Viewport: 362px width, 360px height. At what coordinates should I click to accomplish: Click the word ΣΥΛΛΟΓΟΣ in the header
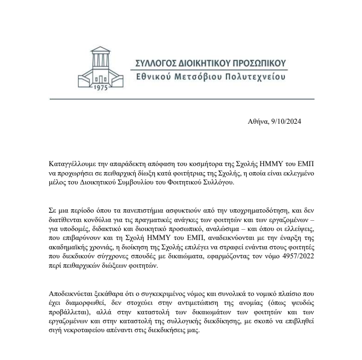pyautogui.click(x=154, y=64)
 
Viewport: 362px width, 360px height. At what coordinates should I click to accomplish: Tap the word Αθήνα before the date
pyautogui.click(x=258, y=121)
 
